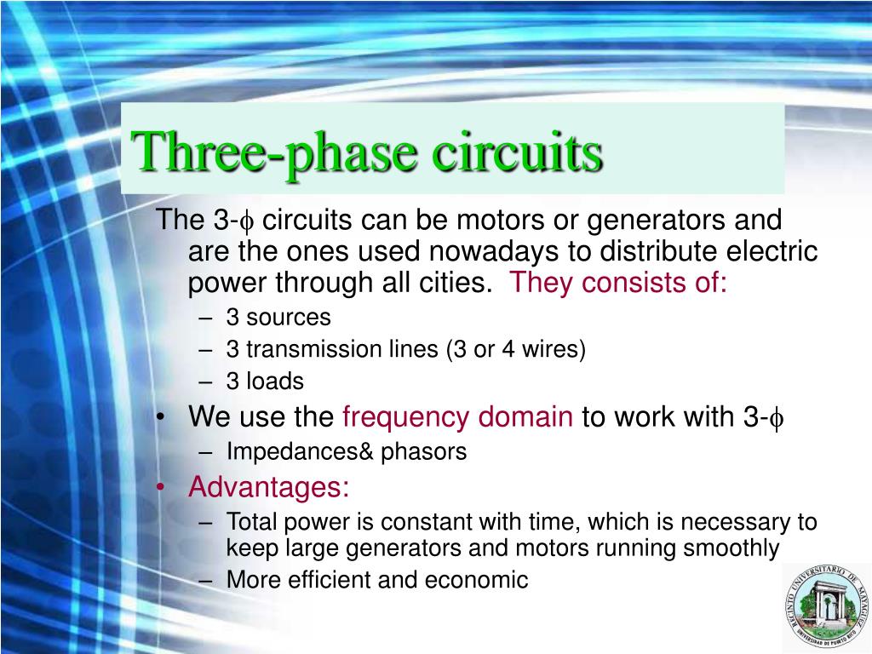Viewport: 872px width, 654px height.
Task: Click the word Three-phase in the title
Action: pos(276,152)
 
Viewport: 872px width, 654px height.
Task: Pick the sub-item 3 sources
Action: pos(278,318)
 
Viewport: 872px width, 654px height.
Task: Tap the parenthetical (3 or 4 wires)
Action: pos(514,350)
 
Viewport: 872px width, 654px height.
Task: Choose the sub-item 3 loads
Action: pos(265,381)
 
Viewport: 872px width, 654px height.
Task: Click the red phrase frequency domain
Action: pos(457,416)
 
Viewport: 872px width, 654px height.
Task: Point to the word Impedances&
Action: pos(301,451)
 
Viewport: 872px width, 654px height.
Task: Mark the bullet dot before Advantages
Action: pos(162,488)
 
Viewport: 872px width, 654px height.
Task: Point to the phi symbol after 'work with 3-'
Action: pos(776,418)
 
